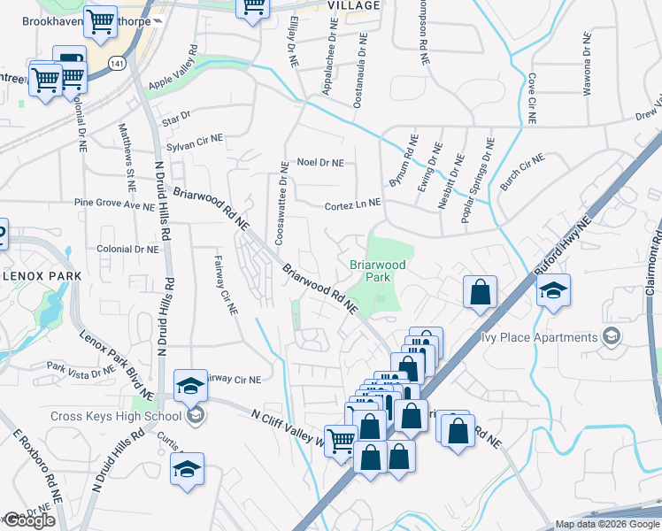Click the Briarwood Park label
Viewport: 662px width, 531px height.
coord(377,271)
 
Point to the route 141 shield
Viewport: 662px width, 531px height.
coord(117,63)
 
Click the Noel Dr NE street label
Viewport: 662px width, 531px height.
coord(319,162)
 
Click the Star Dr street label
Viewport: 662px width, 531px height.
coord(176,117)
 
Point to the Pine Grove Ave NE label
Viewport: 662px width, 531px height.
coord(114,204)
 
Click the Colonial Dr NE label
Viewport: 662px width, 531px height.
coord(127,250)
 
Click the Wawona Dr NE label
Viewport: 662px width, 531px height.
coord(586,63)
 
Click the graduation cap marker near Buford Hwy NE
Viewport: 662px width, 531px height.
coord(553,289)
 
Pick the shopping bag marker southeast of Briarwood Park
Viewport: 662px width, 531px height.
coord(480,292)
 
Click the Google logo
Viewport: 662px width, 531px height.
coord(30,520)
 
